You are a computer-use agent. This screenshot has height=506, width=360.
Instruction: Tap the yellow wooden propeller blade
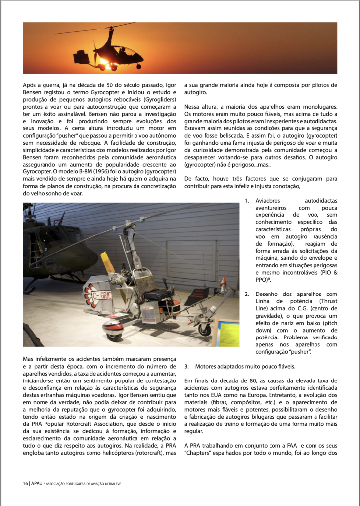pyautogui.click(x=108, y=265)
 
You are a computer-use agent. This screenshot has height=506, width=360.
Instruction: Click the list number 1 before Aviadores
pyautogui.click(x=247, y=201)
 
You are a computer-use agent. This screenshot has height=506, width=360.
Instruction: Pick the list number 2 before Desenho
pyautogui.click(x=247, y=294)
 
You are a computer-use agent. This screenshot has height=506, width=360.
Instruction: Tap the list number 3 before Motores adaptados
pyautogui.click(x=186, y=367)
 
